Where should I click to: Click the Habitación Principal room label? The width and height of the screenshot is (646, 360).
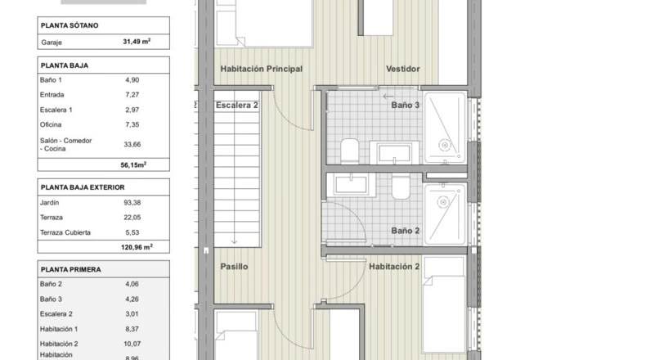pos(261,69)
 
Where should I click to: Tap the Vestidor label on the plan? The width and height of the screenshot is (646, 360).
pos(403,69)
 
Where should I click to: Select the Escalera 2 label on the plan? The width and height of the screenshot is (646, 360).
pos(237,106)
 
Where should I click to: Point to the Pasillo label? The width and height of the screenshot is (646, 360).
pos(234,267)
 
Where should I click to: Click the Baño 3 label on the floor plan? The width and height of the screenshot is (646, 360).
pos(406,106)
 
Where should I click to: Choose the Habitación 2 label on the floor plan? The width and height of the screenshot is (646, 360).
pos(394,267)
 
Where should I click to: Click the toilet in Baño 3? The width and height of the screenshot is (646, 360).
pos(350,151)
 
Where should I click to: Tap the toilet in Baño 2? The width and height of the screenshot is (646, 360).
pos(401,187)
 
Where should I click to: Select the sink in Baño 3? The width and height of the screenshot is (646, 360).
pos(394,153)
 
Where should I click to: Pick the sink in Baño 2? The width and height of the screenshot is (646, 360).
pos(351,184)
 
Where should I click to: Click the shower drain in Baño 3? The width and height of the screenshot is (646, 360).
pos(444,145)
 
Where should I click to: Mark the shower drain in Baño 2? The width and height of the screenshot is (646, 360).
pos(443,202)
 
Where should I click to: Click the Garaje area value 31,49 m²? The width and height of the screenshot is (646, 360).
pos(137,42)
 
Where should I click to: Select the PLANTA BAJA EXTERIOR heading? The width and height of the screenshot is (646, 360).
pos(83,187)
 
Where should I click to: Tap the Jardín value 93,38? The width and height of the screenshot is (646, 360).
pos(132,202)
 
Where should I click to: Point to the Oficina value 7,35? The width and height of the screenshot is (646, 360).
pos(132,124)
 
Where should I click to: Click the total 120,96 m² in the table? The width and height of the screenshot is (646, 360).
pos(137,247)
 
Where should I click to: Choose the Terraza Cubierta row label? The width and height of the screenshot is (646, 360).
pos(65,232)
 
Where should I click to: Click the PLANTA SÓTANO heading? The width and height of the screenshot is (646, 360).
pos(70,25)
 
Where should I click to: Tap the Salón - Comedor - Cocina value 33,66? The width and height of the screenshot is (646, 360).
pos(132,144)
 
